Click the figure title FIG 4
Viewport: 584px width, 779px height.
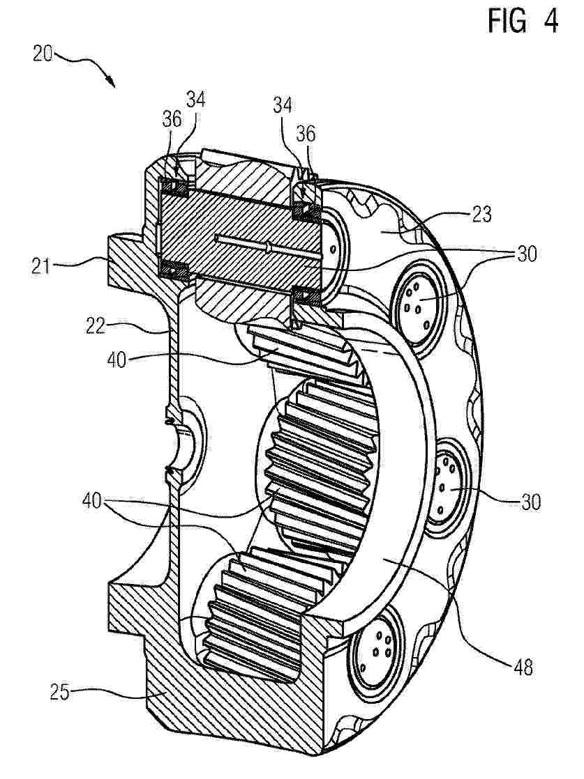pos(523,22)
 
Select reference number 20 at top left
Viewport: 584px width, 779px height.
pos(43,54)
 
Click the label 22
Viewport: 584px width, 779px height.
pos(95,326)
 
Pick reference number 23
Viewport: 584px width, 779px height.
pos(481,214)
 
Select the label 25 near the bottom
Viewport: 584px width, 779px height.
pos(60,692)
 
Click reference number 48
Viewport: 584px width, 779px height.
pos(522,667)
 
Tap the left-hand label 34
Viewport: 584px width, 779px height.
pos(195,100)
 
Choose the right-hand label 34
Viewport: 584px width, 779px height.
pos(282,105)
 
